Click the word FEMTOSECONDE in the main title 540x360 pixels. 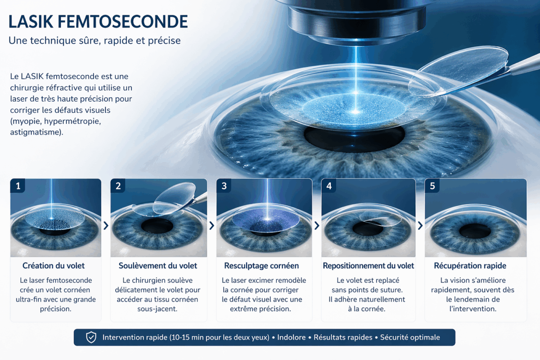pos(123,22)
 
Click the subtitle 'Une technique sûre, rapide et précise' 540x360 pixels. pos(94,40)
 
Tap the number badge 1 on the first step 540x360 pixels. pos(18,186)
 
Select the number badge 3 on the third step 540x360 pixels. pos(224,186)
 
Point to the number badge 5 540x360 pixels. pos(432,186)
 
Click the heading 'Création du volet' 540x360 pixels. pos(54,265)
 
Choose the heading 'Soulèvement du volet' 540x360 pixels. pos(157,265)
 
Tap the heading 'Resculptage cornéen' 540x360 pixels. pos(261,265)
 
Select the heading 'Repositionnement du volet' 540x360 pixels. pos(369,265)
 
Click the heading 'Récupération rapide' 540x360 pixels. pos(470,265)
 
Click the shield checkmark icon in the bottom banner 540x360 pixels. pos(91,337)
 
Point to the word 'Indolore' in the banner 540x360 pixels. pos(291,337)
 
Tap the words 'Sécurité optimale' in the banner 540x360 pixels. pos(410,337)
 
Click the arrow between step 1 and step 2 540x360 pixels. pos(106,226)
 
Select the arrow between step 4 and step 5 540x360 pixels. pos(420,226)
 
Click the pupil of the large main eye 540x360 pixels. pos(355,139)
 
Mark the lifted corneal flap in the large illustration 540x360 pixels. pos(458,72)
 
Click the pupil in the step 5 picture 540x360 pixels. pos(475,231)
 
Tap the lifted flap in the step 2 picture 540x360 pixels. pos(174,198)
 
